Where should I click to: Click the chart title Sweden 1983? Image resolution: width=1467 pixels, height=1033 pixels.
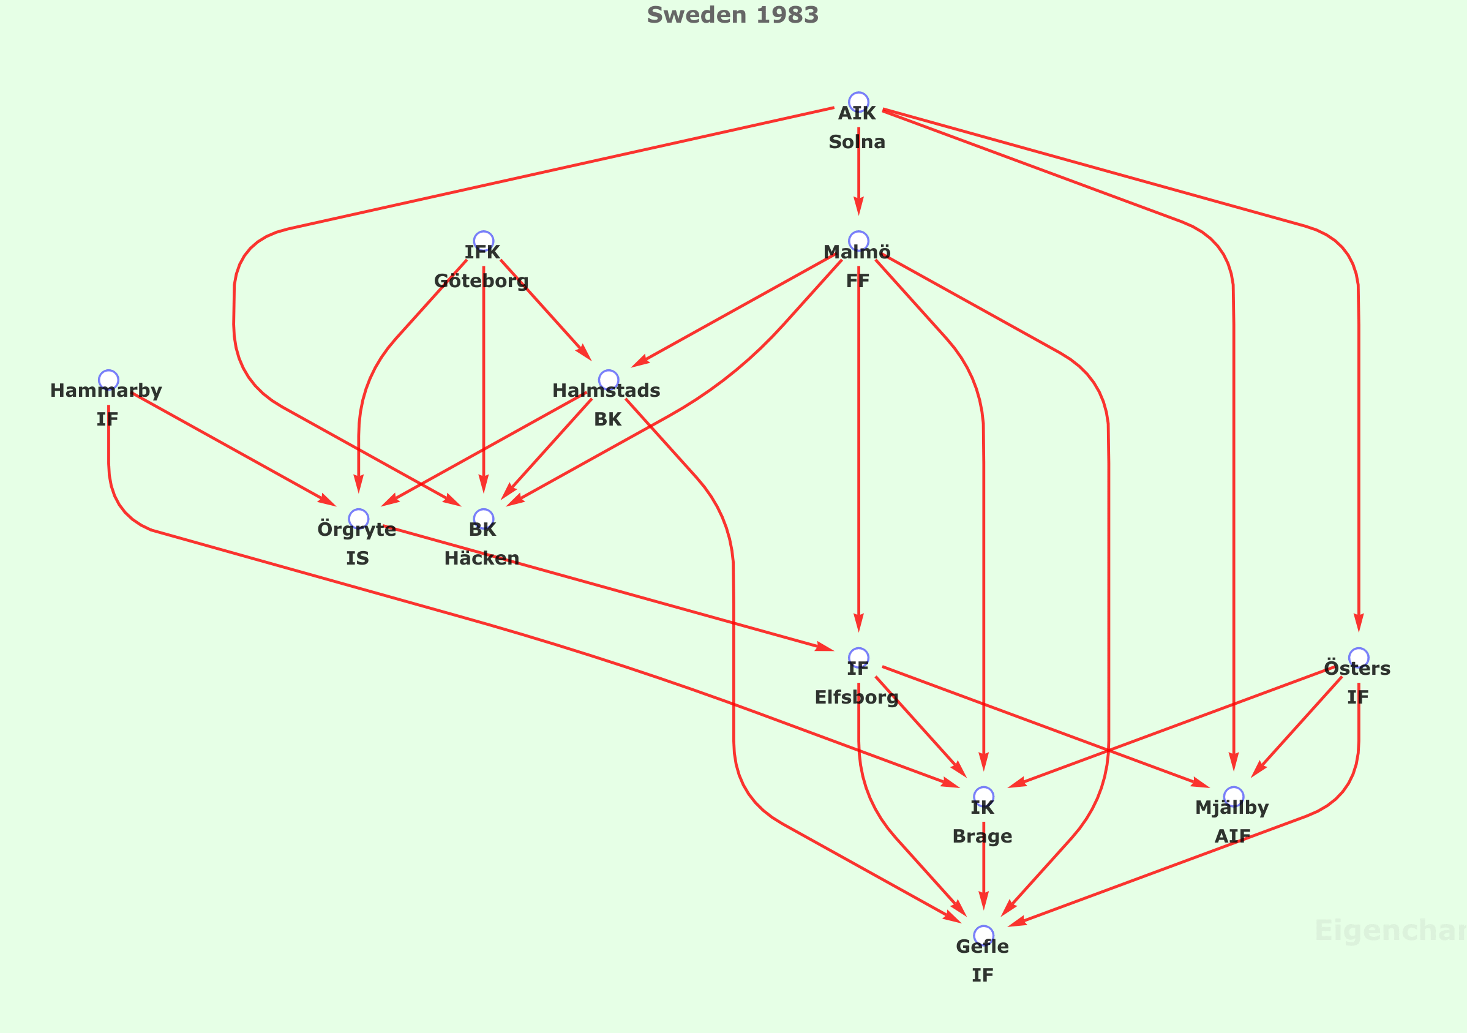(x=732, y=15)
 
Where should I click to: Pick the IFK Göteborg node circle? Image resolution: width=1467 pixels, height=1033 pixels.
(x=483, y=241)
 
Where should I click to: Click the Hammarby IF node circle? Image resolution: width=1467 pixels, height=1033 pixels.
(x=108, y=380)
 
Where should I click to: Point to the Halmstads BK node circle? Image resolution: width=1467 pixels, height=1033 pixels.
(x=608, y=380)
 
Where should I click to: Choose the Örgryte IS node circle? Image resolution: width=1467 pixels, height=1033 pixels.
(x=358, y=519)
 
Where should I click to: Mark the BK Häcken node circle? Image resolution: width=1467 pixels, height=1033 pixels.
(x=483, y=519)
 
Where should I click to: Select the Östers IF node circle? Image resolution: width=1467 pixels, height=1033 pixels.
(x=1359, y=658)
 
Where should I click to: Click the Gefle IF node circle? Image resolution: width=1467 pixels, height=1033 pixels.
(x=983, y=935)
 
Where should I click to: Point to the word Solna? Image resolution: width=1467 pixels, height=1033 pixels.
(x=857, y=142)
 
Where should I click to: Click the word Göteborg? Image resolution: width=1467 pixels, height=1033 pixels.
(x=481, y=280)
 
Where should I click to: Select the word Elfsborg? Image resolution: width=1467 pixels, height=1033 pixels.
(x=856, y=697)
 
